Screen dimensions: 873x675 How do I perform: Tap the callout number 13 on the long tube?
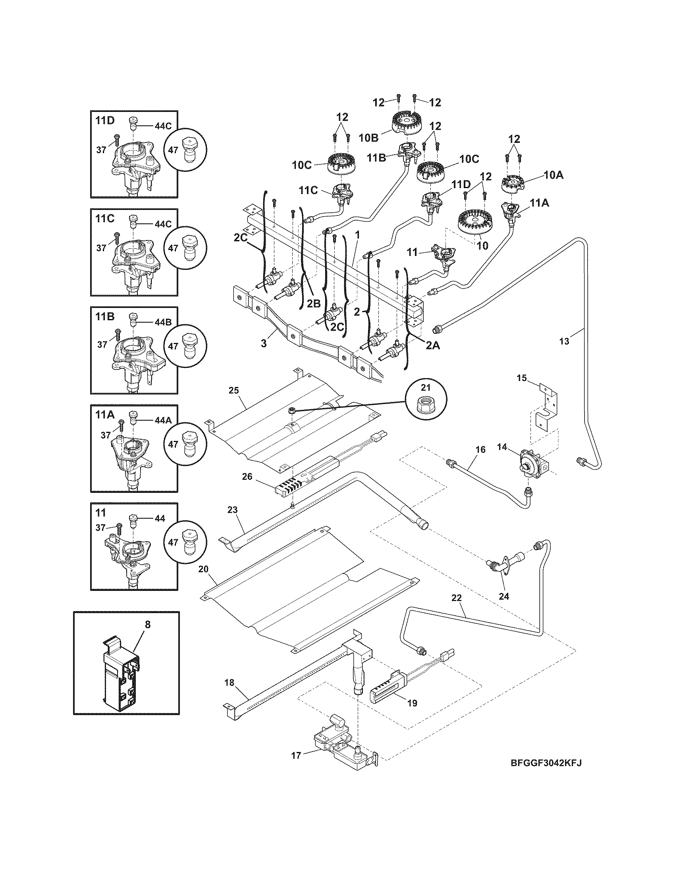[564, 341]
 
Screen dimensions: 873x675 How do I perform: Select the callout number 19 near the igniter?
[412, 703]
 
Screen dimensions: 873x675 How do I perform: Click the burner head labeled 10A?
[515, 183]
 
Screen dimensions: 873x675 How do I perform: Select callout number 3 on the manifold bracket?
[264, 343]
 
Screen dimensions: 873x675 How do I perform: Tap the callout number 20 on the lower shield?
[203, 569]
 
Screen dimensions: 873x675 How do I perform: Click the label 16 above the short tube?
[480, 449]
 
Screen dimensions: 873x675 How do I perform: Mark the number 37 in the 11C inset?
[101, 248]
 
